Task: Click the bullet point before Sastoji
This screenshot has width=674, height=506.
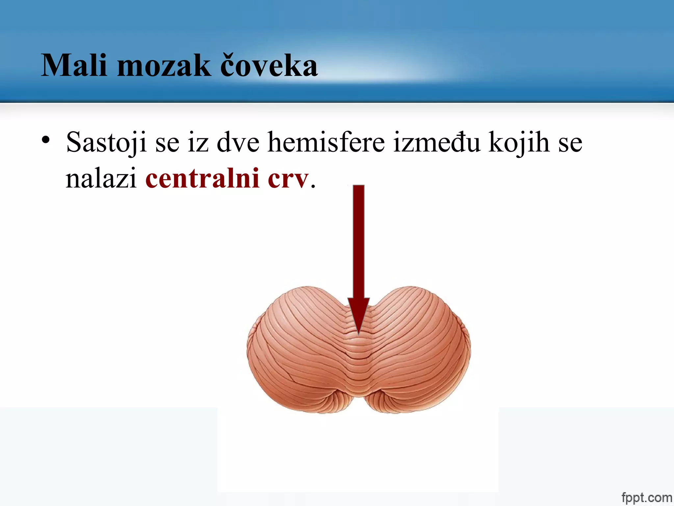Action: [46, 140]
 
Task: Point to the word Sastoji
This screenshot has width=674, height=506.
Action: [106, 142]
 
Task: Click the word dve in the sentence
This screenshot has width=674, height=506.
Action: [238, 142]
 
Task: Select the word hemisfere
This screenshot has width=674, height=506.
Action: [326, 142]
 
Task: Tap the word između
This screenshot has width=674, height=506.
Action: [436, 142]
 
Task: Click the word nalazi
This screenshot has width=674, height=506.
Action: [101, 178]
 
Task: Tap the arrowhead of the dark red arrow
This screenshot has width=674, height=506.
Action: [359, 313]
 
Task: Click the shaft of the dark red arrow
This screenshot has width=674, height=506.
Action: [359, 240]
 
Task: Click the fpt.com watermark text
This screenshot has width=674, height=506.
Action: [646, 497]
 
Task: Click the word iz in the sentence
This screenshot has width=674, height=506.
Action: [198, 142]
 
